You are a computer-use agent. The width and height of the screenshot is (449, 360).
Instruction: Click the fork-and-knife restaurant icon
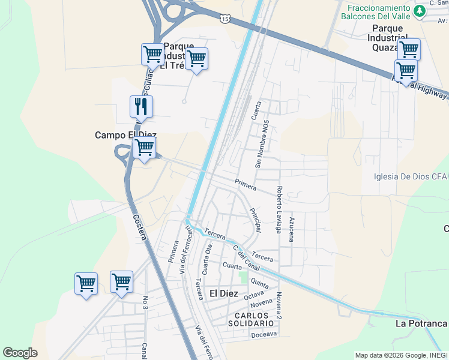click(x=141, y=107)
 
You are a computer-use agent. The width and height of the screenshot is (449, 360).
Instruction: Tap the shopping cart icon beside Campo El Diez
click(x=144, y=148)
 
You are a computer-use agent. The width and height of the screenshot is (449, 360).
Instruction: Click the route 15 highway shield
click(x=224, y=19)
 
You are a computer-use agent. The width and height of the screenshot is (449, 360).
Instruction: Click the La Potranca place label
click(x=421, y=324)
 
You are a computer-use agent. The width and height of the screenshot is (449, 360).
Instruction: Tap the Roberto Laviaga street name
click(x=279, y=209)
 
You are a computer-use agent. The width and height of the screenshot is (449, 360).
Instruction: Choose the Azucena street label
click(x=292, y=229)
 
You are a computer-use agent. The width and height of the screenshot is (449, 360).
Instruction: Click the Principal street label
click(x=256, y=220)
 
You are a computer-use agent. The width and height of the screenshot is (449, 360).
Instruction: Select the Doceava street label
click(x=264, y=334)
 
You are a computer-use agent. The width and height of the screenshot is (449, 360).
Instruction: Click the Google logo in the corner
click(x=20, y=353)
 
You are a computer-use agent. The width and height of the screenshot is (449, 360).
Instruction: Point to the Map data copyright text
click(x=400, y=355)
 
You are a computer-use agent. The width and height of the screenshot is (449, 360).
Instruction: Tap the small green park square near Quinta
click(x=243, y=277)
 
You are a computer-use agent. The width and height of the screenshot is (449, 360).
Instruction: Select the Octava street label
click(x=254, y=295)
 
